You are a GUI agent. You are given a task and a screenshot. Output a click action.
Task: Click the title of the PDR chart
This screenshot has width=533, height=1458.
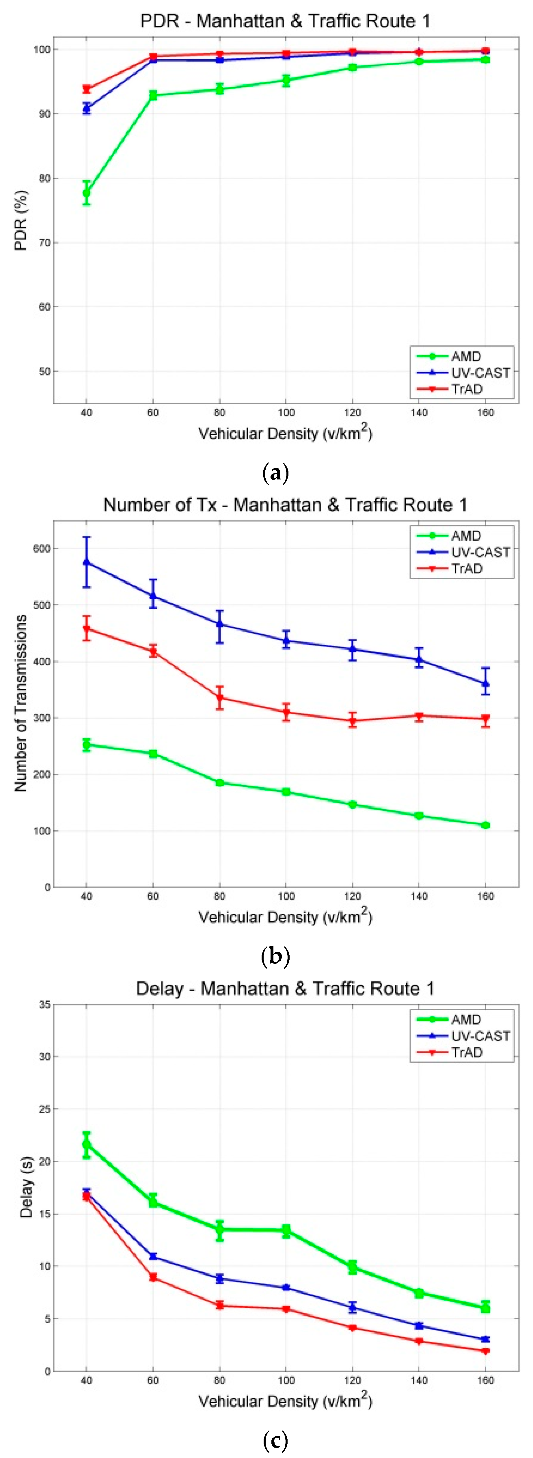pyautogui.click(x=285, y=21)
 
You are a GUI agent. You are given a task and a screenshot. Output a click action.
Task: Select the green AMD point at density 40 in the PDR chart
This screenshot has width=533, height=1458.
pyautogui.click(x=87, y=193)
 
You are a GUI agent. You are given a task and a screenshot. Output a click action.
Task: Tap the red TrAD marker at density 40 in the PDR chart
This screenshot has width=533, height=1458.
pyautogui.click(x=87, y=89)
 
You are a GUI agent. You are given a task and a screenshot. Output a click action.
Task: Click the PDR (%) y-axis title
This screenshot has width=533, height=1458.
pyautogui.click(x=21, y=220)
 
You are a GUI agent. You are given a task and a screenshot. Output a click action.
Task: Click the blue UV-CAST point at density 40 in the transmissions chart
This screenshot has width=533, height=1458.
pyautogui.click(x=87, y=562)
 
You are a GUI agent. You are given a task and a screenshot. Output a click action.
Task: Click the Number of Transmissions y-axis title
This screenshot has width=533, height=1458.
pyautogui.click(x=21, y=703)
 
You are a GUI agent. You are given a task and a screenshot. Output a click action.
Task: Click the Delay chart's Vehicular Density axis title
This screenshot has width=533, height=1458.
pyautogui.click(x=285, y=1401)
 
